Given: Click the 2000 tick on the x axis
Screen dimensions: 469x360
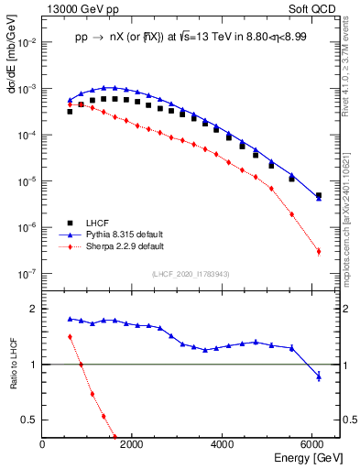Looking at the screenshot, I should (x=133, y=445).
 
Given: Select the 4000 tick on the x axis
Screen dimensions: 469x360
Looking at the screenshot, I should (x=224, y=445).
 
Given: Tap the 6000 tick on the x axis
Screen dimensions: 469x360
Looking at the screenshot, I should (x=314, y=445).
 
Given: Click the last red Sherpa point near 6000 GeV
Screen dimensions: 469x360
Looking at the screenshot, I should (x=318, y=251).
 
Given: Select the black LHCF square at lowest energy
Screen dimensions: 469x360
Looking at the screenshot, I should (x=70, y=111).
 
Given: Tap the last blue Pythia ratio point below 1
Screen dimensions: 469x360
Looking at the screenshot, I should (x=318, y=376).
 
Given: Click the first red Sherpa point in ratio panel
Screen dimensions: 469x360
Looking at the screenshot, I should (x=70, y=336).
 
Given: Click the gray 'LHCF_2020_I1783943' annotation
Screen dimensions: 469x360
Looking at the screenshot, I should (x=189, y=274).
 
